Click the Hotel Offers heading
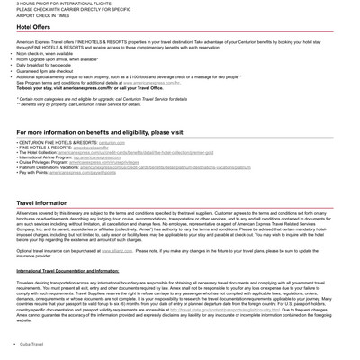click(33, 27)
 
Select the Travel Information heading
click(41, 203)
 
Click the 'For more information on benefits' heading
click(100, 132)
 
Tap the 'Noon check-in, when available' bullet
click(45, 53)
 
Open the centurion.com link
click(112, 142)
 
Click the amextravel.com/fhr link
click(102, 148)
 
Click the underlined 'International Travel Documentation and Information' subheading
click(67, 270)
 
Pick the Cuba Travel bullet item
click(31, 344)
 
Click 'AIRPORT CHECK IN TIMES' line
click(42, 15)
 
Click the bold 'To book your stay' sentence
click(90, 88)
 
